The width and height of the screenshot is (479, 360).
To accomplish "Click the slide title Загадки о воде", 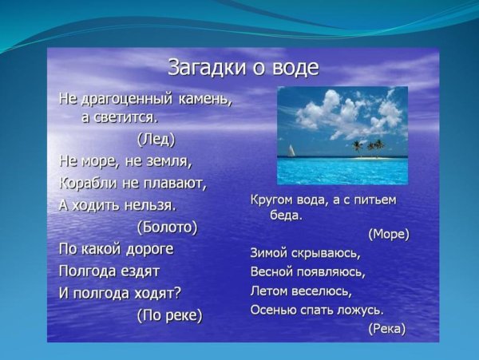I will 243,67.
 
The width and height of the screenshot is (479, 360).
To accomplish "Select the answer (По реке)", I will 170,315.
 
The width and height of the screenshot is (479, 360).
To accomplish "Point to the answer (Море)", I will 389,234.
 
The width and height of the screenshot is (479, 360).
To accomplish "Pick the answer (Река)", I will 386,328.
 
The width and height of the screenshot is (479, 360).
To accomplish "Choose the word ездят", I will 138,271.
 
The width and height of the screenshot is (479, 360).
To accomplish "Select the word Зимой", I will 269,253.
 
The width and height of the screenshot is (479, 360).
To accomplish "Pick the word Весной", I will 271,271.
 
